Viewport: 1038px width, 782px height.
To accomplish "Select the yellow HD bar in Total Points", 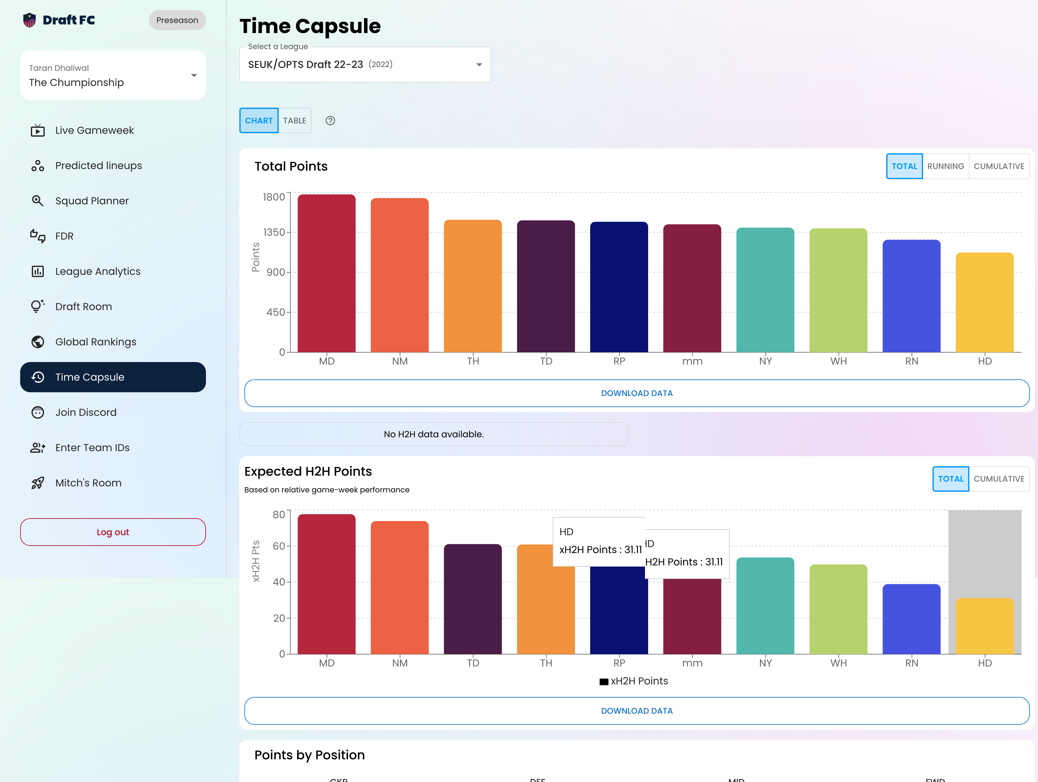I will [x=984, y=302].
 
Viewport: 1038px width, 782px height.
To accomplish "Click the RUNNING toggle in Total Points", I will [x=945, y=166].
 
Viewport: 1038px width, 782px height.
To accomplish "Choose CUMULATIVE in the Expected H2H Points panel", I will [x=999, y=479].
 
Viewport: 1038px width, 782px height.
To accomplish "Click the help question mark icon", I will [x=330, y=121].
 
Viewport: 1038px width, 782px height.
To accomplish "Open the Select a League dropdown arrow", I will [x=479, y=65].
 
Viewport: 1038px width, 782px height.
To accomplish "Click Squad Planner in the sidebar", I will [x=92, y=201].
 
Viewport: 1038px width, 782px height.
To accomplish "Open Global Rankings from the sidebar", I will [x=96, y=342].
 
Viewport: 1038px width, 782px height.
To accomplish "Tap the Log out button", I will [x=113, y=532].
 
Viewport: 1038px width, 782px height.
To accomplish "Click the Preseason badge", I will [x=177, y=20].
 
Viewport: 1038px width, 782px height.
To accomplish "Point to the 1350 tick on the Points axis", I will [x=274, y=232].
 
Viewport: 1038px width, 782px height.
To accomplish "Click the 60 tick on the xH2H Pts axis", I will [x=279, y=546].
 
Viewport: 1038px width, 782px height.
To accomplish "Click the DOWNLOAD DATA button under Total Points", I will [x=637, y=393].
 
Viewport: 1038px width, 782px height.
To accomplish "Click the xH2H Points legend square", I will [x=604, y=682].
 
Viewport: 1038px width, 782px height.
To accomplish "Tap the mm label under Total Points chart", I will [x=692, y=361].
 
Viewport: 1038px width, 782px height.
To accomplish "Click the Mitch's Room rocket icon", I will [x=37, y=483].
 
